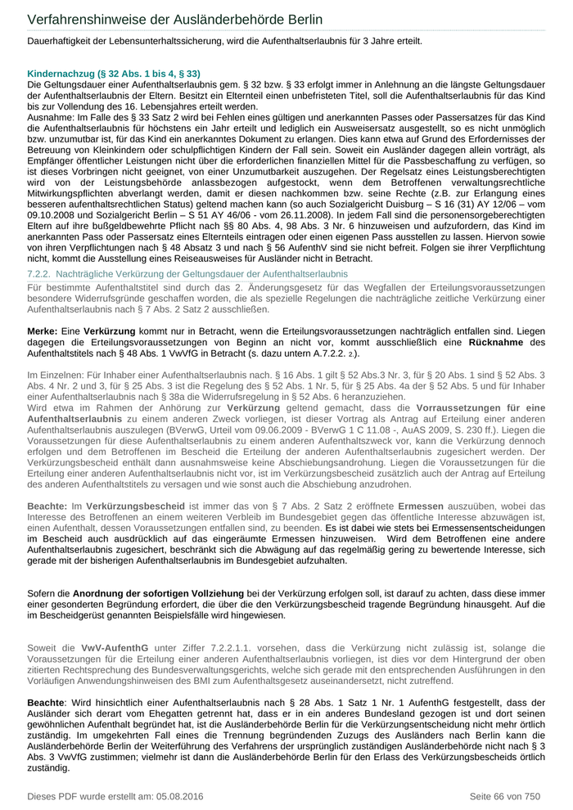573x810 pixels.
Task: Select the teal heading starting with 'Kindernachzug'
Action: (x=114, y=73)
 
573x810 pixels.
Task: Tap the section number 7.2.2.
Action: (x=40, y=272)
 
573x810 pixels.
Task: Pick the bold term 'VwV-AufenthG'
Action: (x=115, y=647)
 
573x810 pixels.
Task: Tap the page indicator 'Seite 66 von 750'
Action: (x=504, y=796)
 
